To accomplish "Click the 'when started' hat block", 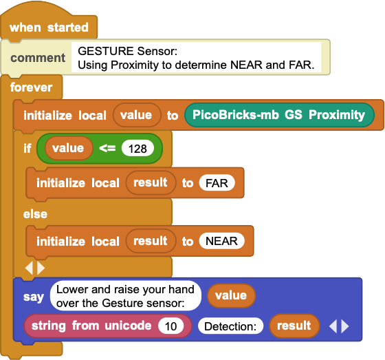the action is click(x=49, y=27).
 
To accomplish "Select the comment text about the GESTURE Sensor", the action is click(x=196, y=58).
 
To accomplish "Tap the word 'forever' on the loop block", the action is click(x=31, y=87).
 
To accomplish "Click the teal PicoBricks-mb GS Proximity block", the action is click(x=279, y=115).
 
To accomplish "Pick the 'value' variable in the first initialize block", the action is click(x=137, y=115).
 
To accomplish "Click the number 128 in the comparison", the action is click(x=137, y=149).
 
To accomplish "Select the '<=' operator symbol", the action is click(x=107, y=148).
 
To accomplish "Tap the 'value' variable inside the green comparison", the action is click(x=68, y=148).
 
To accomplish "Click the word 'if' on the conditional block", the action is click(x=27, y=148).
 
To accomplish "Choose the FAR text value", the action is click(x=217, y=182).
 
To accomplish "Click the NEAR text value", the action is click(x=221, y=241).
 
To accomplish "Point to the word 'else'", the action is click(x=35, y=214).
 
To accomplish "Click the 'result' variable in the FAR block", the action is click(x=151, y=182).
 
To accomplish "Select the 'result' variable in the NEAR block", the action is click(x=151, y=241).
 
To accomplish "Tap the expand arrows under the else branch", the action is click(x=35, y=268).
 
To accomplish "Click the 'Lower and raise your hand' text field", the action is click(x=125, y=296).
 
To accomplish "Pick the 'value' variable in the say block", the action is click(x=231, y=295).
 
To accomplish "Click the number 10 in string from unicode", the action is click(x=171, y=326).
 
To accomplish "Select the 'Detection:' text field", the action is click(x=230, y=326).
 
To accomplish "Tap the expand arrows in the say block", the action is click(x=339, y=326).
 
